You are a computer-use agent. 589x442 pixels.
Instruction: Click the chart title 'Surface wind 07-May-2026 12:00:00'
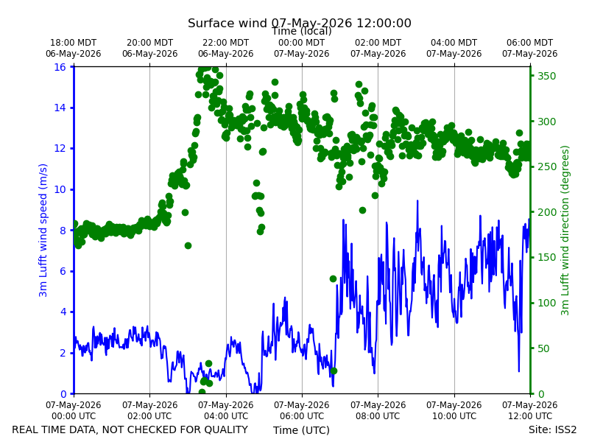point(300,24)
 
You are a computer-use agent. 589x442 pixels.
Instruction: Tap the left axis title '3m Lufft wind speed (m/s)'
point(43,230)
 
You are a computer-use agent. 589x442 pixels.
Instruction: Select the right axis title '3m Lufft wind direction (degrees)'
point(565,231)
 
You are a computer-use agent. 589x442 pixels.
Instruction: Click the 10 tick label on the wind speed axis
point(60,189)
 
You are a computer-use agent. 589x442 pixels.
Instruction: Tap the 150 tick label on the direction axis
point(546,257)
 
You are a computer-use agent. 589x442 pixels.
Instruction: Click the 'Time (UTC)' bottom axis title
point(301,430)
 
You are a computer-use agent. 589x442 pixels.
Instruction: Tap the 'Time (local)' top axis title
point(302,32)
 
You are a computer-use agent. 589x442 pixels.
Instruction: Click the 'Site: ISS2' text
point(552,429)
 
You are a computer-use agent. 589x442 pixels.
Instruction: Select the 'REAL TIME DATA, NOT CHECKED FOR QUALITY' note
point(130,429)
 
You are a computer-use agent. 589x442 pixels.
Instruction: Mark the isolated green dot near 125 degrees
point(334,279)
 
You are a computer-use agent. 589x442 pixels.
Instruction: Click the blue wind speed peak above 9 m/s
point(417,201)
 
